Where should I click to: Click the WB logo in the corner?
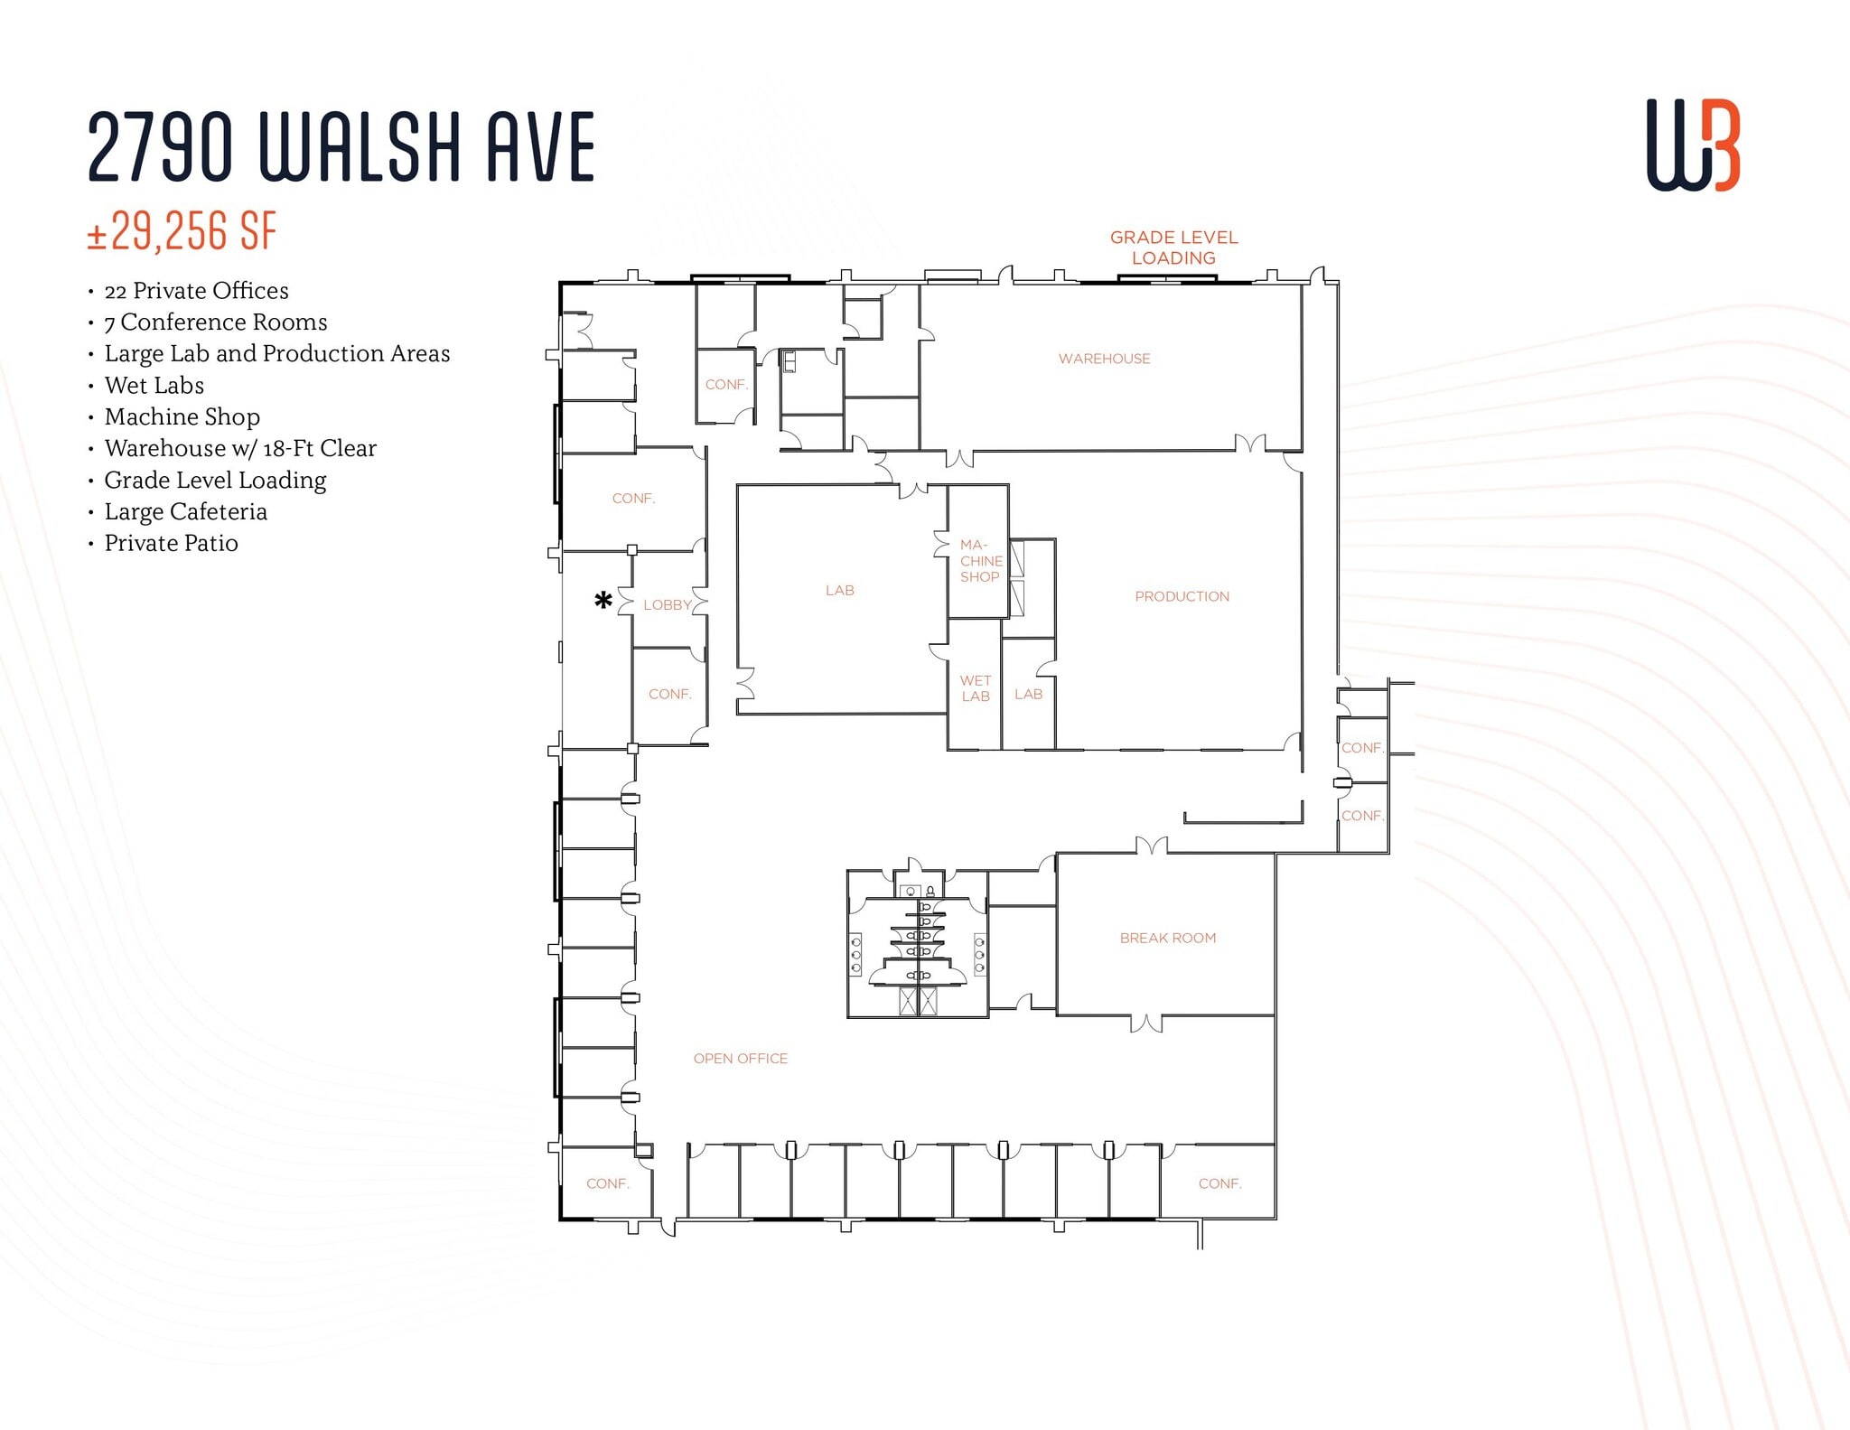(x=1692, y=145)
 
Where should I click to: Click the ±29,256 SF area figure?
(x=182, y=231)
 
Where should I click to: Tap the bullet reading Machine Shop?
(x=182, y=416)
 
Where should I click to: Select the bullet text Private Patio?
(x=171, y=543)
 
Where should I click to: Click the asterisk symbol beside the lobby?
(x=603, y=600)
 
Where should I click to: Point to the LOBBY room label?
(x=667, y=605)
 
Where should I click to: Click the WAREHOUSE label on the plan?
(x=1104, y=359)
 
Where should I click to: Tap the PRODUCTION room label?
(x=1182, y=596)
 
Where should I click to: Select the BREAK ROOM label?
(x=1167, y=938)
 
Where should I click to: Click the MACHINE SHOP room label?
(x=980, y=561)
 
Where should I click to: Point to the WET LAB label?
(x=976, y=688)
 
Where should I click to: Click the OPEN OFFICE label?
(x=740, y=1058)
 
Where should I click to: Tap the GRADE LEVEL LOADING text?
(x=1173, y=248)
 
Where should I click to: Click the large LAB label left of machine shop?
(x=839, y=590)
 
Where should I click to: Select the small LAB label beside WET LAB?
(x=1028, y=694)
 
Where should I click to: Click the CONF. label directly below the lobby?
(x=669, y=694)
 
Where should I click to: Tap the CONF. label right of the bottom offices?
(x=1219, y=1183)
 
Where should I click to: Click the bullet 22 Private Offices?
(x=196, y=291)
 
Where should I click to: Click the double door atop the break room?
(x=1151, y=846)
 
